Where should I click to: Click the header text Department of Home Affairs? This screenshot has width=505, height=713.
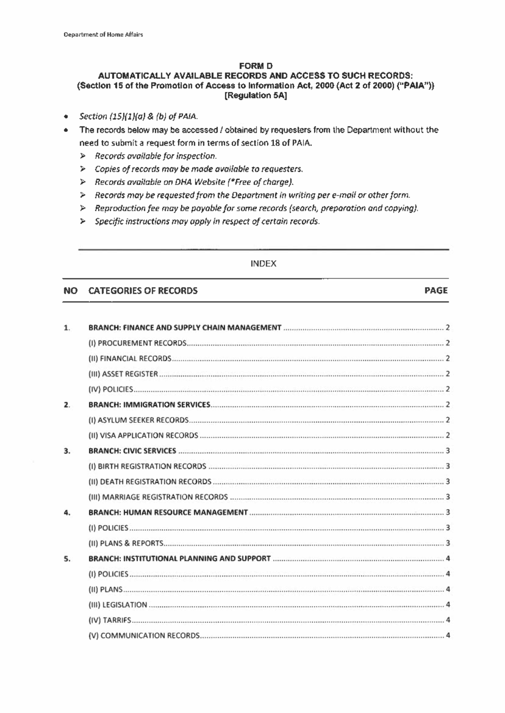103,35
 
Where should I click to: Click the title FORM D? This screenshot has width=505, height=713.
255,66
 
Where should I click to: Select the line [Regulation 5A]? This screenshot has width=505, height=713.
255,96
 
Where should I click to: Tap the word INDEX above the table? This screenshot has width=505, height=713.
263,264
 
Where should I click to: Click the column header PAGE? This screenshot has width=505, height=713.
436,290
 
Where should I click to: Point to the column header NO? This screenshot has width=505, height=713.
70,291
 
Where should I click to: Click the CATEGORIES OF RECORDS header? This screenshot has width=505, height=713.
143,291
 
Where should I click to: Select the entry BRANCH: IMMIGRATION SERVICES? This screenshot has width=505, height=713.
149,405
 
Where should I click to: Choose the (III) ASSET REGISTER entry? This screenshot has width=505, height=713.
123,374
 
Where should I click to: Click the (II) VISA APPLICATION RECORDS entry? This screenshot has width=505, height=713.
143,436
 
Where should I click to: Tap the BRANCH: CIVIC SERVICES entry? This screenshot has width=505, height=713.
132,451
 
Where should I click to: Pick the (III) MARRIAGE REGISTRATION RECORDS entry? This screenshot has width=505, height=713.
158,497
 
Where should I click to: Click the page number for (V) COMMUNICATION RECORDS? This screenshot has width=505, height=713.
448,635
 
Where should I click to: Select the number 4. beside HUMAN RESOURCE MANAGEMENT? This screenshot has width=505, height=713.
66,513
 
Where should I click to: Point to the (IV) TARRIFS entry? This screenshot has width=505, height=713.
109,620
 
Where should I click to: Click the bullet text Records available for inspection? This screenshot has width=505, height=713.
156,156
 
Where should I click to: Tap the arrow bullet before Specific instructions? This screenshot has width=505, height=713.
83,221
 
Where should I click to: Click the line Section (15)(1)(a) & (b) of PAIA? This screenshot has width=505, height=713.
138,116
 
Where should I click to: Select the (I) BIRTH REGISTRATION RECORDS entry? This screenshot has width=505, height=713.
147,466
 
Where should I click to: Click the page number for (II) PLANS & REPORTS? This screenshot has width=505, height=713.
448,543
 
